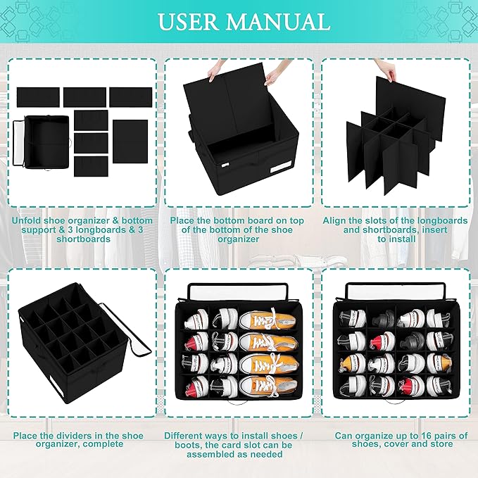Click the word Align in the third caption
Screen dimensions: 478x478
(337, 220)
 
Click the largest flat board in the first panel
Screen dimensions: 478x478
(130, 141)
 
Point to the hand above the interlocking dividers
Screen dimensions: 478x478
(385, 69)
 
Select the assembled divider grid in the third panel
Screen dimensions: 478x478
(385, 148)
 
